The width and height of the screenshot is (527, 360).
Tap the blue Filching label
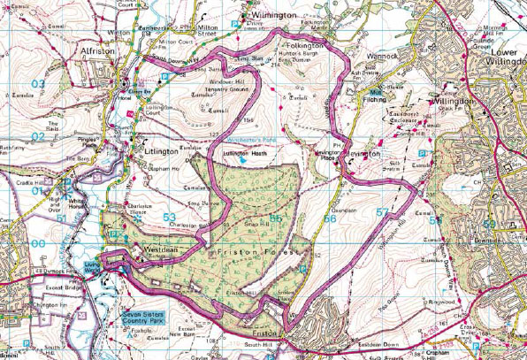pyautogui.click(x=378, y=96)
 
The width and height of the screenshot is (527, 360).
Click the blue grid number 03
pyautogui.click(x=37, y=84)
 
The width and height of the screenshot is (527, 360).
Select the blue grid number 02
pyautogui.click(x=37, y=136)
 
